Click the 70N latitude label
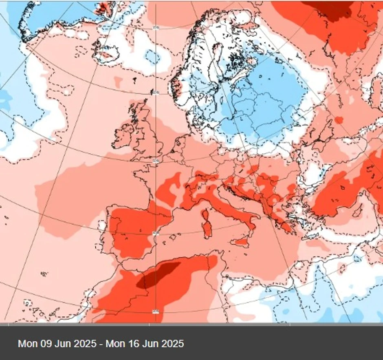155,28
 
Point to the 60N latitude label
155,93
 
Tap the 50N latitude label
155,161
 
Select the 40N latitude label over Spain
155,233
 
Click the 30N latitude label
155,312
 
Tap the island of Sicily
241,241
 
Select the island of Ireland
124,137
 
